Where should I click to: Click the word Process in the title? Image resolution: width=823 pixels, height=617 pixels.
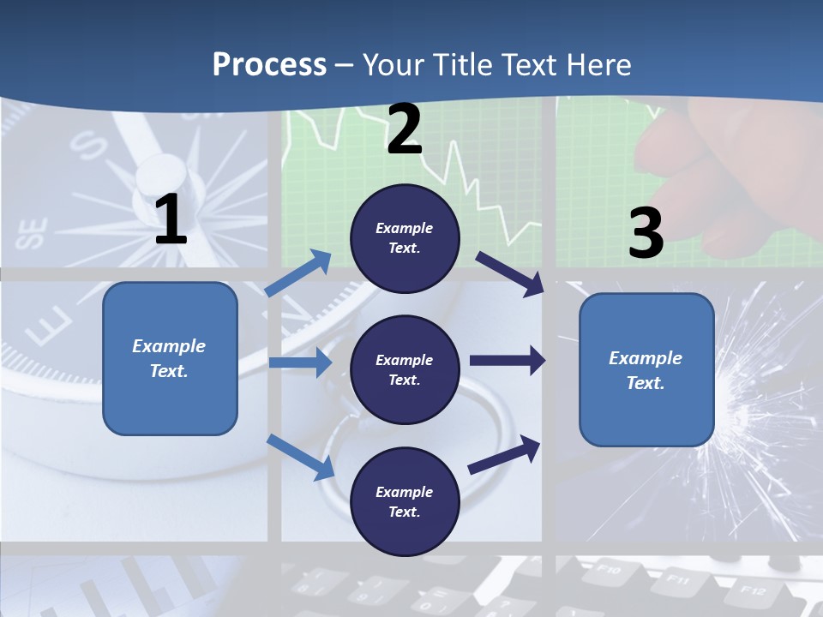point(269,64)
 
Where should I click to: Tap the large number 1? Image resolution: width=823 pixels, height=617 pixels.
point(171,219)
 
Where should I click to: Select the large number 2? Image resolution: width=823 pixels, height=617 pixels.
point(405,129)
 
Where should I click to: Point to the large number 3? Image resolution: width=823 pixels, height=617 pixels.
point(646,233)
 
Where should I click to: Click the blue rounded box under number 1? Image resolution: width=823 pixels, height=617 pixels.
point(170,358)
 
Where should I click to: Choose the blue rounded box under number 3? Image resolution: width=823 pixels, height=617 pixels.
point(646,369)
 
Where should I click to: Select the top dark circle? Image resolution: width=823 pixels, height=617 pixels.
point(405,238)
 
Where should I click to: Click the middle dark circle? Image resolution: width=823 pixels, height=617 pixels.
point(405,369)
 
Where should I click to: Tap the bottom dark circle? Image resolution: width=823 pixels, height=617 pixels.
point(405,501)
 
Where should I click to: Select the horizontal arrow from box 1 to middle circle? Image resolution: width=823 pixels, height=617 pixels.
point(300,362)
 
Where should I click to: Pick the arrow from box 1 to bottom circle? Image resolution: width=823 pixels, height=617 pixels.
point(301,457)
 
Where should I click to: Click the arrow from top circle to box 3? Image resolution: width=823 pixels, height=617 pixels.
point(509,274)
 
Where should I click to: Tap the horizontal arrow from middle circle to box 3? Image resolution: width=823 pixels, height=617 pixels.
point(507,361)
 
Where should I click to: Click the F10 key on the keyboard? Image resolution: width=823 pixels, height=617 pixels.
point(607,568)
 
